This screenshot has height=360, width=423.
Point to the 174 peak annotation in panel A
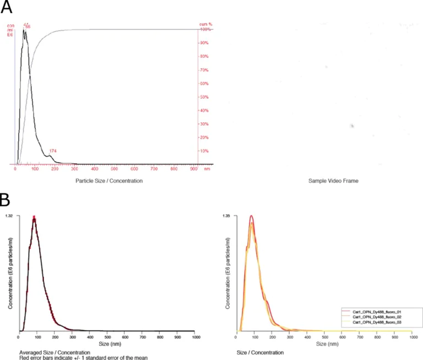tap(53, 151)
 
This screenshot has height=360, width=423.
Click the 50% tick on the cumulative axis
tap(203, 97)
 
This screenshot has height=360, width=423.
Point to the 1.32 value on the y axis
tap(10, 216)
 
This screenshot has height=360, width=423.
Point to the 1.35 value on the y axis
tap(226, 216)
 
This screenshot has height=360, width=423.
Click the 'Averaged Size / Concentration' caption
tap(54, 352)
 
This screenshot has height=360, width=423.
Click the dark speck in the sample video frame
tap(351, 126)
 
